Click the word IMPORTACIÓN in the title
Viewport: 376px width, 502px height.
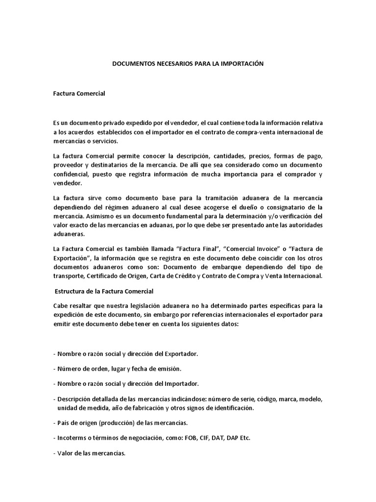pyautogui.click(x=240, y=64)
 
